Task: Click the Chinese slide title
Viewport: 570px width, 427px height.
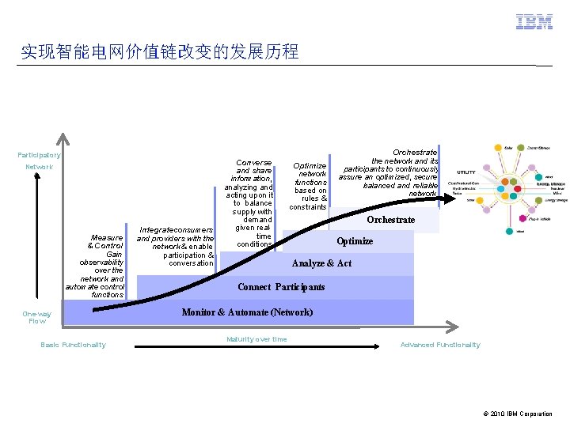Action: click(x=160, y=52)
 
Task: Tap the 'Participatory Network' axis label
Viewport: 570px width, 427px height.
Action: click(x=39, y=161)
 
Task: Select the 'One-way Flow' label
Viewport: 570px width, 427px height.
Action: click(x=37, y=317)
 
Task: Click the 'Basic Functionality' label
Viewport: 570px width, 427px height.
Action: click(x=73, y=345)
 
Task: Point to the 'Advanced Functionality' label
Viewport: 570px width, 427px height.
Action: click(x=439, y=345)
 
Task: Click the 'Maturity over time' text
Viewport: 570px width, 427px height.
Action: click(x=256, y=339)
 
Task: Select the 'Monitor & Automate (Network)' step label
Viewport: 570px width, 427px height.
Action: click(x=247, y=312)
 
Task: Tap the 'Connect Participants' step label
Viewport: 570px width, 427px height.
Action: click(x=281, y=287)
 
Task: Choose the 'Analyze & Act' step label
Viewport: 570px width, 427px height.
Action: click(x=321, y=263)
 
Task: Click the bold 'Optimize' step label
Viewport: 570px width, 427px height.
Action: click(x=355, y=241)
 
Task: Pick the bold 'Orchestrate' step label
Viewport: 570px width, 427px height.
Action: click(x=390, y=220)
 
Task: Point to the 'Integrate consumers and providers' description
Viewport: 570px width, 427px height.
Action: click(x=175, y=246)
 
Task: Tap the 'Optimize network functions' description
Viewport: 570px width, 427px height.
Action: click(x=310, y=186)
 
